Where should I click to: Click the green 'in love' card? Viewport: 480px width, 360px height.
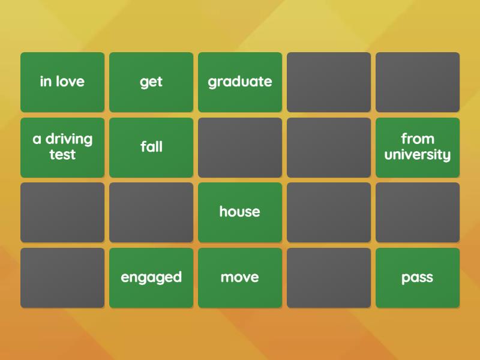(62, 82)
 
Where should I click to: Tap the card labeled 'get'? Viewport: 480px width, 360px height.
(151, 82)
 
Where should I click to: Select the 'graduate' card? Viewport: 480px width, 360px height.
(240, 82)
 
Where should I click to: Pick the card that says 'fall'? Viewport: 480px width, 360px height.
(151, 147)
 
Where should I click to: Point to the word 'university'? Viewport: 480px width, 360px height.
(418, 155)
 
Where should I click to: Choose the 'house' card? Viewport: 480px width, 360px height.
(240, 212)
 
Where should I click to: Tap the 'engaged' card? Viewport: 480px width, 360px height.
(151, 278)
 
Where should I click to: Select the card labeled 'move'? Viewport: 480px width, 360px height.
(240, 278)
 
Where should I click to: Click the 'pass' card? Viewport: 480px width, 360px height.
(418, 278)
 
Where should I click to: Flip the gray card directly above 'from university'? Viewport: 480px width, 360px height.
(418, 82)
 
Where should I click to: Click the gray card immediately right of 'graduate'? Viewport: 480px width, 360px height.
(329, 82)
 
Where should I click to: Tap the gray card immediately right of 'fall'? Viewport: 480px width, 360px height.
(240, 147)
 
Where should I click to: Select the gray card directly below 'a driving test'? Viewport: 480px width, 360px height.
(62, 212)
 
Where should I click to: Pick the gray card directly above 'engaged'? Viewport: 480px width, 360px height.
(151, 212)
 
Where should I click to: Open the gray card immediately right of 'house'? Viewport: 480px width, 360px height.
(329, 212)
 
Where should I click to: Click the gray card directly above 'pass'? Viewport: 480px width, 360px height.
(418, 212)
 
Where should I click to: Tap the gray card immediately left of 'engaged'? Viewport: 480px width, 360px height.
(62, 278)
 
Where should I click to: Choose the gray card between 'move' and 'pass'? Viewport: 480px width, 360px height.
(329, 278)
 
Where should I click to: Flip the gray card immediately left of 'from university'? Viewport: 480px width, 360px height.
(329, 147)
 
